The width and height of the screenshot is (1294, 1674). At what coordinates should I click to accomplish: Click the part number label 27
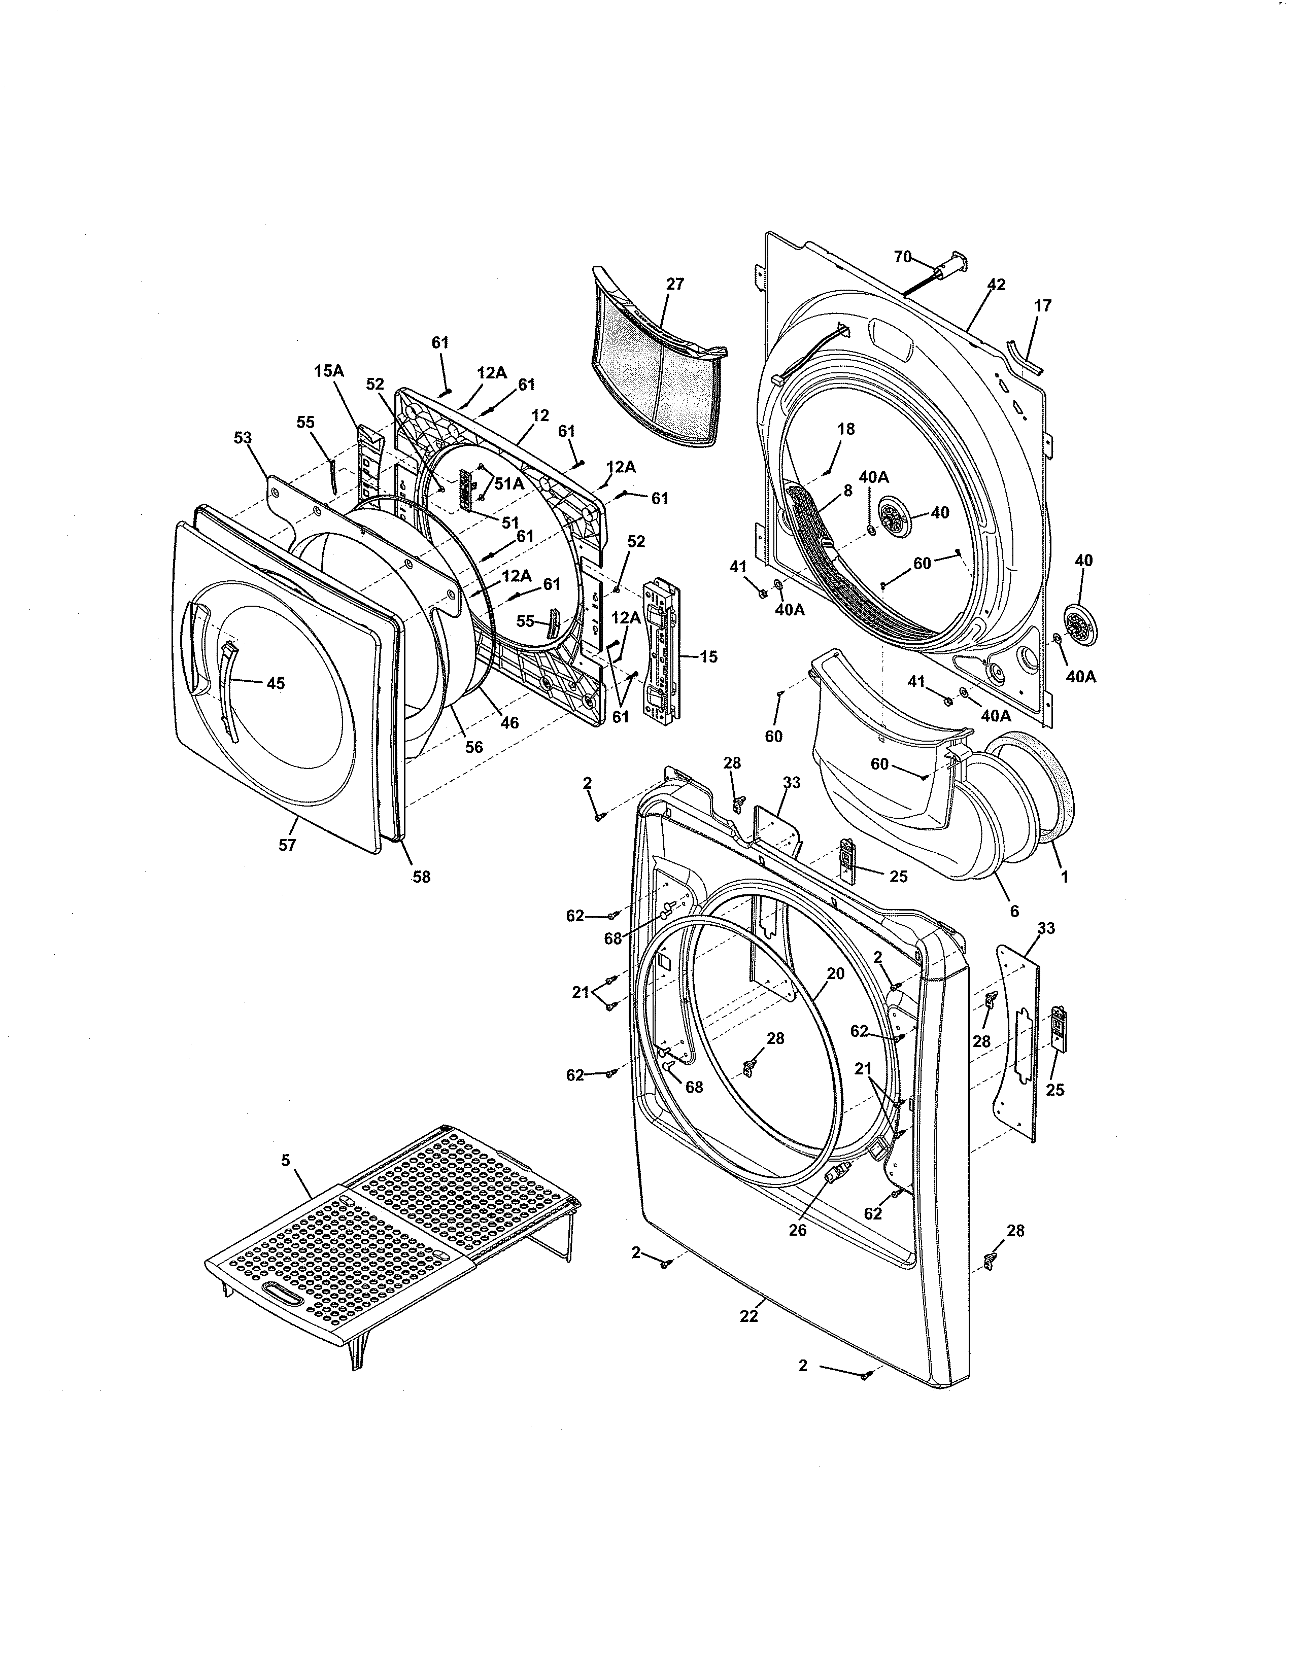674,284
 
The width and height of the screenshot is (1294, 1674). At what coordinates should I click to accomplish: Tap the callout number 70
902,256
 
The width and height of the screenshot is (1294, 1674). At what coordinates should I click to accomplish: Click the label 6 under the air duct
1014,912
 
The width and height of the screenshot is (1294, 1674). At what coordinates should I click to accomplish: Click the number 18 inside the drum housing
845,429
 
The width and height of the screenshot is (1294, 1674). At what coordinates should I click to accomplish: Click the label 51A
508,483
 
